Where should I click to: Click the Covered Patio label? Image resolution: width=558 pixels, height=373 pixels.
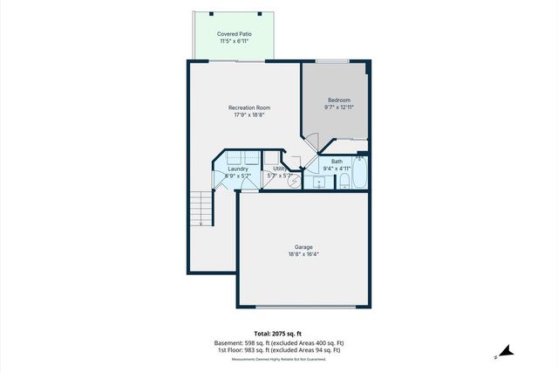pyautogui.click(x=235, y=34)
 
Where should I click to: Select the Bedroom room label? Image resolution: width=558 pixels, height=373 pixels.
pyautogui.click(x=338, y=100)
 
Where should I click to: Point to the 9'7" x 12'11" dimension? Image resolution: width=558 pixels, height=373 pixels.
pyautogui.click(x=338, y=108)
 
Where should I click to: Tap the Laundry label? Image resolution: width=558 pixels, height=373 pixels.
pyautogui.click(x=237, y=169)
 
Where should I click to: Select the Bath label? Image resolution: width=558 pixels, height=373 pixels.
pyautogui.click(x=337, y=161)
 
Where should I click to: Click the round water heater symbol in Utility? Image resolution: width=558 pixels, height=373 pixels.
pyautogui.click(x=295, y=181)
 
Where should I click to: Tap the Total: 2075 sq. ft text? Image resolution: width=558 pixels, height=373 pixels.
pyautogui.click(x=278, y=335)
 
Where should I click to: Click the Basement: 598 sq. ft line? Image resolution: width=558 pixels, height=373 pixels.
pyautogui.click(x=278, y=343)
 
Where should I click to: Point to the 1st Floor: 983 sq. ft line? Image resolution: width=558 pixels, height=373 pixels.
pyautogui.click(x=278, y=351)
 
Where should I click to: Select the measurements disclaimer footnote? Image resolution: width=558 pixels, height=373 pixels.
pyautogui.click(x=278, y=359)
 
